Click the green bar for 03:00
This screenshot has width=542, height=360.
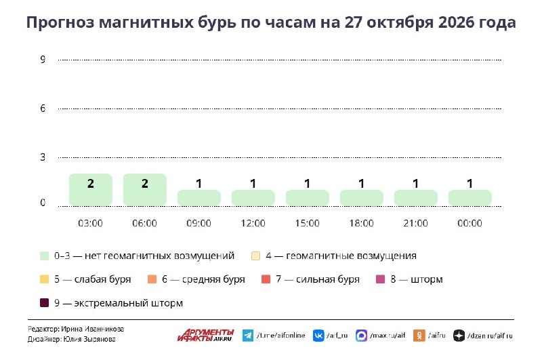[x=91, y=190]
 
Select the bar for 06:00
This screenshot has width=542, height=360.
[x=145, y=190]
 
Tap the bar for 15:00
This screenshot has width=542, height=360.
[x=308, y=197]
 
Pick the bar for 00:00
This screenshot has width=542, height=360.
[x=470, y=197]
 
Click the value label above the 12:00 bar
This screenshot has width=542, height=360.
[x=253, y=183]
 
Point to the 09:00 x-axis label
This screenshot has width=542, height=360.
[x=199, y=223]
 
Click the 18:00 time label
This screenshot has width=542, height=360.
[x=361, y=223]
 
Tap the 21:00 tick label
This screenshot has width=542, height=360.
[x=415, y=223]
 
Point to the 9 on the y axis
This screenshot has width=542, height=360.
[x=43, y=60]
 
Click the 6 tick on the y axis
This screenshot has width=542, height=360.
[x=43, y=108]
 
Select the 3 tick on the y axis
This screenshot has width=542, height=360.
[x=43, y=157]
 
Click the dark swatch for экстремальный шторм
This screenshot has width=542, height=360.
[x=44, y=303]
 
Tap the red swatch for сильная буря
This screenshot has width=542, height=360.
[x=266, y=279]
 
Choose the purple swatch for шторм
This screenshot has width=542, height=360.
[x=380, y=279]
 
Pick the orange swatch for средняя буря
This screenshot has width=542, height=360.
[x=152, y=279]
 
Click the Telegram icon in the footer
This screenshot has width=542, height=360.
[x=248, y=336]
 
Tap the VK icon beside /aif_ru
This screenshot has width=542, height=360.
[x=318, y=336]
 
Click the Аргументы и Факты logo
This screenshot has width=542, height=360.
[x=206, y=335]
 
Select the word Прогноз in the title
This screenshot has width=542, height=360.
[x=60, y=22]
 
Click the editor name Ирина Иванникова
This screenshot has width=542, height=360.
[x=92, y=329]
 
